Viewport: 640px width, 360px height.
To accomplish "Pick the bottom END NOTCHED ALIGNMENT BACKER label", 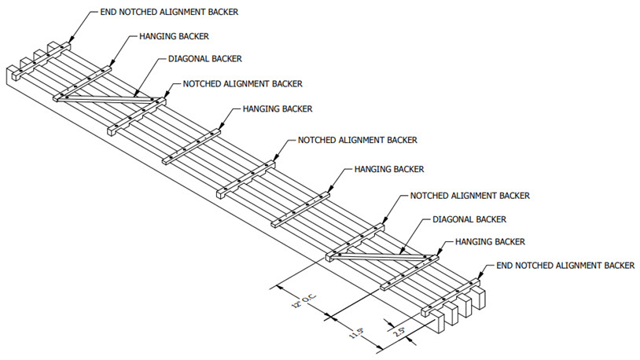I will tap(565, 266).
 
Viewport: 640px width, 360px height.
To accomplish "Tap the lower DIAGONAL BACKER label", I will tap(469, 219).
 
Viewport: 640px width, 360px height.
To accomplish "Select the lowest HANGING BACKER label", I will tap(490, 241).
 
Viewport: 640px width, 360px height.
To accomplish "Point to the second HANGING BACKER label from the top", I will tap(278, 108).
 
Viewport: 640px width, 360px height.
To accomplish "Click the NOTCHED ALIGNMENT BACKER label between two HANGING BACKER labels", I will tap(357, 140).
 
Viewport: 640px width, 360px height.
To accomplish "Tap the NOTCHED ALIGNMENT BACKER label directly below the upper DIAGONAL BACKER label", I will tap(242, 83).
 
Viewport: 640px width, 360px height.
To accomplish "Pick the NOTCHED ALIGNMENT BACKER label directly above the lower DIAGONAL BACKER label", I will tap(469, 195).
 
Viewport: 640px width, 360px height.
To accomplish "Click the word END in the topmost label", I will tap(109, 13).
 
